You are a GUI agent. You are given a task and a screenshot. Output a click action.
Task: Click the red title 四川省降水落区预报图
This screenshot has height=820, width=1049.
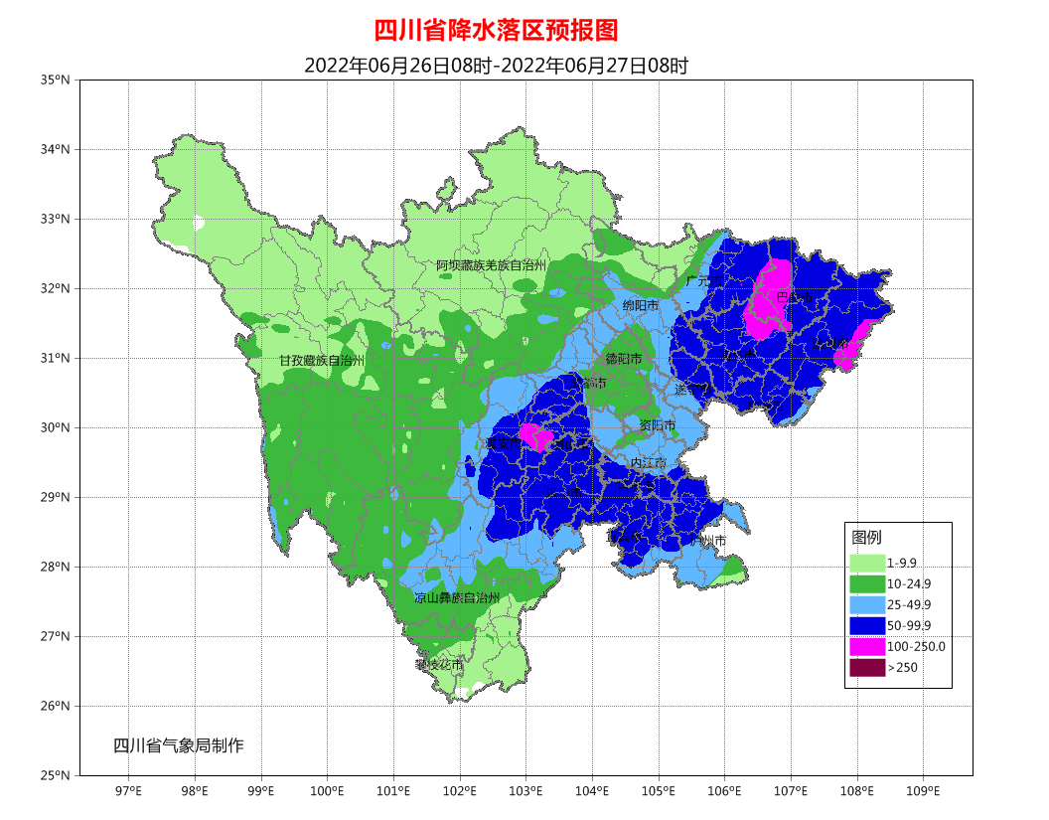pyautogui.click(x=496, y=30)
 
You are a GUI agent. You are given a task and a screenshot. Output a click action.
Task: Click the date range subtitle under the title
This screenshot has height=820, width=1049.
pyautogui.click(x=496, y=66)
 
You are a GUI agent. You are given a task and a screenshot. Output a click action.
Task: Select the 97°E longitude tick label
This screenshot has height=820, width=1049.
pyautogui.click(x=128, y=791)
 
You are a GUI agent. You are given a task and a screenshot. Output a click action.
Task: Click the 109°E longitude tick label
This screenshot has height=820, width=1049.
pyautogui.click(x=923, y=791)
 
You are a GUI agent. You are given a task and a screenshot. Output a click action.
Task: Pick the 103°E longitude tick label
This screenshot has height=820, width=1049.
pyautogui.click(x=525, y=791)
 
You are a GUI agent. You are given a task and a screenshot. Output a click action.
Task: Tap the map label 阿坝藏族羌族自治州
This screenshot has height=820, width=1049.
pyautogui.click(x=492, y=265)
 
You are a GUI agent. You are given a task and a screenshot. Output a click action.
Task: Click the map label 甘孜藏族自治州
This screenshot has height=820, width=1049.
pyautogui.click(x=322, y=360)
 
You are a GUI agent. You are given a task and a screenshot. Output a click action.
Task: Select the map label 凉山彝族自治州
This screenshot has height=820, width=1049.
pyautogui.click(x=457, y=598)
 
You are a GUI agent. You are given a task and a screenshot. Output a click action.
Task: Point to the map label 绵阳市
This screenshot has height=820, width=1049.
pyautogui.click(x=641, y=305)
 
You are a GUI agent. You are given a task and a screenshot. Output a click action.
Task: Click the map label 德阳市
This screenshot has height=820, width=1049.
pyautogui.click(x=624, y=358)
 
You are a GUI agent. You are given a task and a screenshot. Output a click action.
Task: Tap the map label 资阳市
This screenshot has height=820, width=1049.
pyautogui.click(x=657, y=425)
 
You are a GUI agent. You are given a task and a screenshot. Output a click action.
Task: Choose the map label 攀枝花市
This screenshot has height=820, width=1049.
pyautogui.click(x=439, y=664)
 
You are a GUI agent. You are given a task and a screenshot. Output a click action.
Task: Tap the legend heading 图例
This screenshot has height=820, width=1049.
pyautogui.click(x=866, y=537)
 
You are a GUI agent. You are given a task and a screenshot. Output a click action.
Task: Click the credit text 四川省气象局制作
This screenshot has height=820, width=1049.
pyautogui.click(x=178, y=744)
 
